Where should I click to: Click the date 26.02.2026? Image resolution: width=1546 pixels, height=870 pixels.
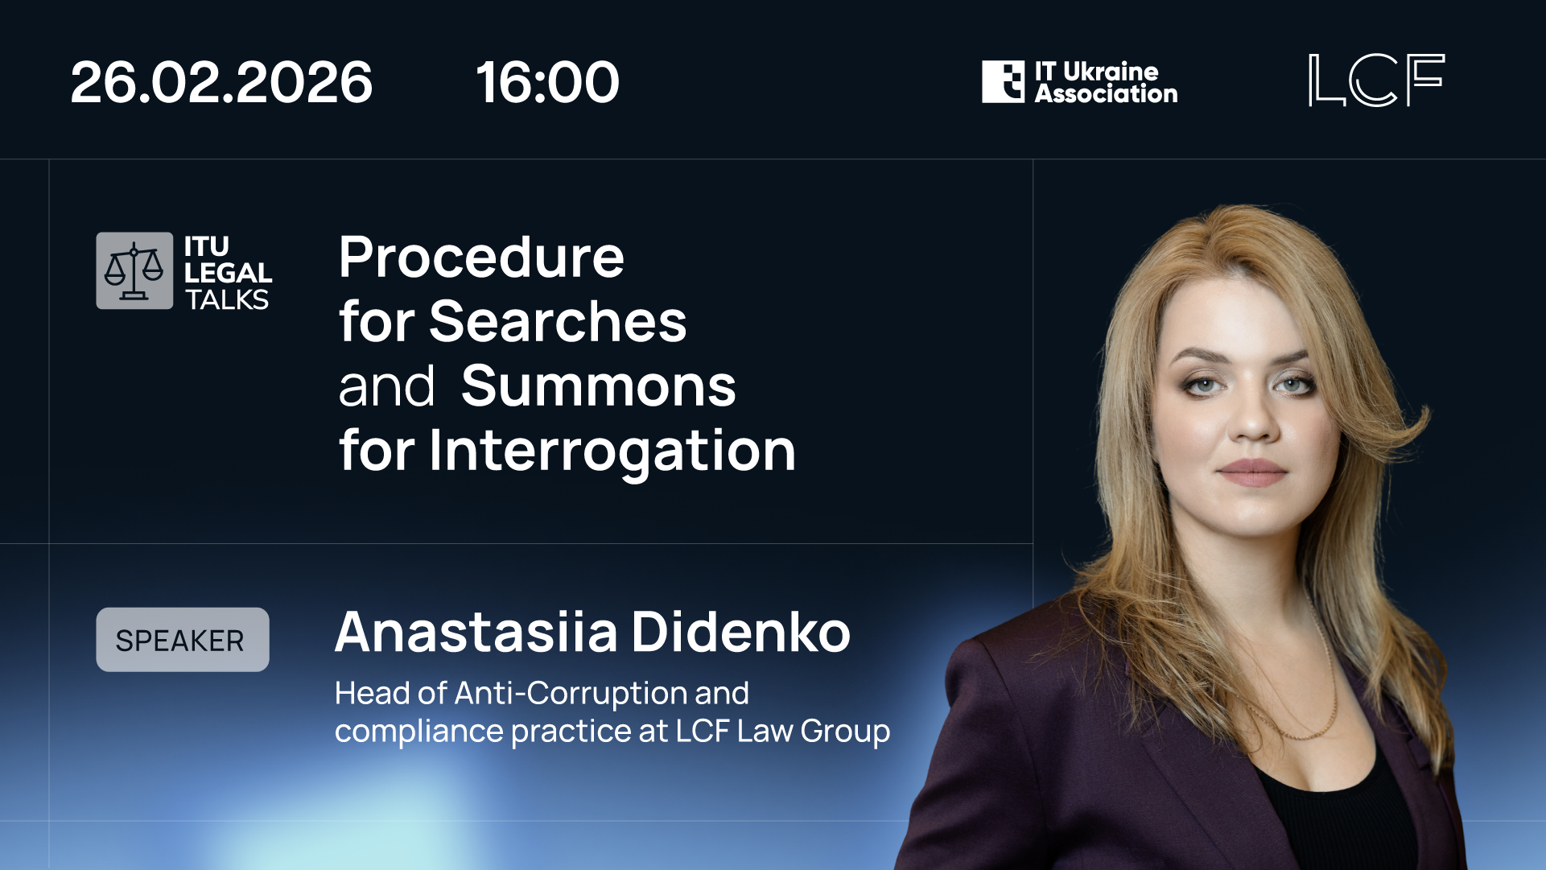[x=221, y=82]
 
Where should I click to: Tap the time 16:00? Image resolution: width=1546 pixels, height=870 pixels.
[x=547, y=82]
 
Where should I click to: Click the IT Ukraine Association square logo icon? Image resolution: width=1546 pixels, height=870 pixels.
[x=1003, y=81]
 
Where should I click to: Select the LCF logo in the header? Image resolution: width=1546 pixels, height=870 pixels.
[x=1376, y=80]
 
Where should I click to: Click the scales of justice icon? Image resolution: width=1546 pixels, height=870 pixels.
[x=134, y=271]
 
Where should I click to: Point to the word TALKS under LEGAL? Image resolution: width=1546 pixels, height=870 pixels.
[x=227, y=299]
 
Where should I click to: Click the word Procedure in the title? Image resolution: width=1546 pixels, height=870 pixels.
[x=481, y=258]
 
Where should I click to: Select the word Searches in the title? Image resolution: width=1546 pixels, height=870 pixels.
[x=558, y=322]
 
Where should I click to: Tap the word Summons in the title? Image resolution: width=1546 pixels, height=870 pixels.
[x=598, y=386]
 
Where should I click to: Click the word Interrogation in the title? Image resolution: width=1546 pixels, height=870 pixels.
[x=612, y=451]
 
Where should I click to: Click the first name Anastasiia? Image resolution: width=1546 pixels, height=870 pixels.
[x=476, y=633]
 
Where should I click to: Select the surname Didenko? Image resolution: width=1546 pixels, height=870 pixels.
[x=740, y=633]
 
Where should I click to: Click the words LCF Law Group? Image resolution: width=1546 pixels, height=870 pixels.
[x=782, y=731]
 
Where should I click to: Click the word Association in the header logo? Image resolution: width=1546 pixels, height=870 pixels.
[x=1106, y=94]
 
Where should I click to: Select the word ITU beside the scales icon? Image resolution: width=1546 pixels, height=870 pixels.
[x=207, y=246]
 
